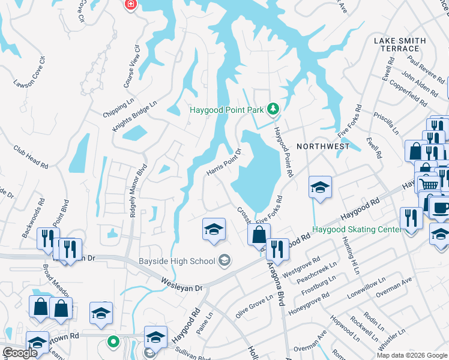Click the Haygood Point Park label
228,109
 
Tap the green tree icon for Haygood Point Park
273,109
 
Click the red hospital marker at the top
129,5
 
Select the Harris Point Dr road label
223,163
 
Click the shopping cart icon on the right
428,184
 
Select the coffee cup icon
440,208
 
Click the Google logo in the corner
20,353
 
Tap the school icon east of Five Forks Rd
320,187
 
